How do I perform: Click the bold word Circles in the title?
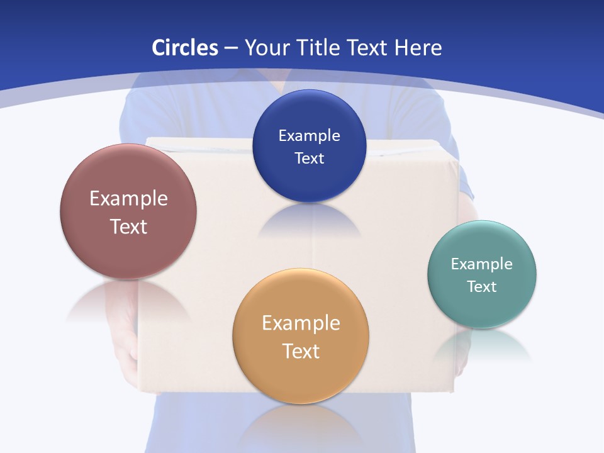(x=184, y=48)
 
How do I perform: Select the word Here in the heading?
(x=418, y=48)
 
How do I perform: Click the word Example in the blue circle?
(x=309, y=135)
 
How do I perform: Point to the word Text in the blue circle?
(x=309, y=158)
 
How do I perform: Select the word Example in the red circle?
(x=128, y=198)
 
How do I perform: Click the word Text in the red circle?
(x=128, y=226)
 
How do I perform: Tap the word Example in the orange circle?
(x=301, y=323)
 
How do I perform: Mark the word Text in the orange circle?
(x=301, y=350)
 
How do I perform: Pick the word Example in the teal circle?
(x=482, y=264)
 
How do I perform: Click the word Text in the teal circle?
(x=482, y=286)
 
